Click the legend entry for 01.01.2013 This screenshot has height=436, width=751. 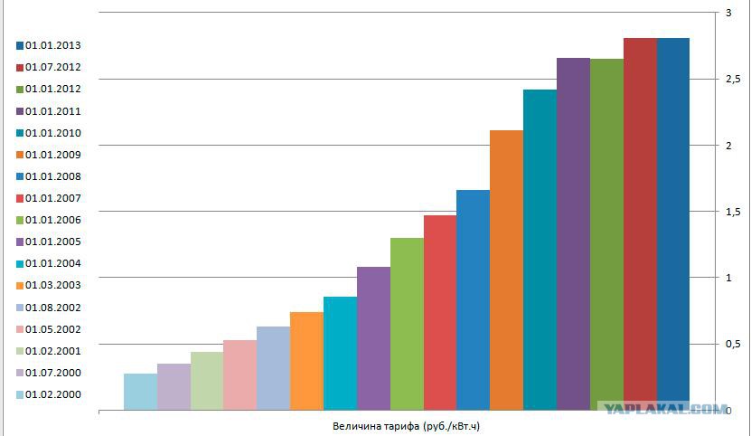(x=49, y=45)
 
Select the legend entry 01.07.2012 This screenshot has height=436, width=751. (x=49, y=67)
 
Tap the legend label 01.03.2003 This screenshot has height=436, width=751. (x=53, y=286)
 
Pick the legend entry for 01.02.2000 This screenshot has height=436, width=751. (x=49, y=394)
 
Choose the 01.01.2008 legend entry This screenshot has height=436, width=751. (x=49, y=176)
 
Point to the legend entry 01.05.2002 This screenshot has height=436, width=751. (x=49, y=329)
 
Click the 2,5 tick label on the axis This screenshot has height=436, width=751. (x=733, y=79)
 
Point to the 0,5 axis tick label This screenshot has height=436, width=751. (x=733, y=344)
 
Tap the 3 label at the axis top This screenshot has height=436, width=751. (x=728, y=13)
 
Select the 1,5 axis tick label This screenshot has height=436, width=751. (x=733, y=212)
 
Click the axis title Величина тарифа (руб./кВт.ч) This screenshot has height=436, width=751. (x=406, y=426)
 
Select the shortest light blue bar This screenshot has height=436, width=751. (x=140, y=392)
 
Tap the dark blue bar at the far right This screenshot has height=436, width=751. (x=673, y=224)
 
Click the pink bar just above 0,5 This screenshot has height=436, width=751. (x=240, y=375)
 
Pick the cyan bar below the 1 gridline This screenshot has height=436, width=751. (x=340, y=354)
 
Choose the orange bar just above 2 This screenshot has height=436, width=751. (x=506, y=270)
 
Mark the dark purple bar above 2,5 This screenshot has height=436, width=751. (x=573, y=234)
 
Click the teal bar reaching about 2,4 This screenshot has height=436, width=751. (x=540, y=250)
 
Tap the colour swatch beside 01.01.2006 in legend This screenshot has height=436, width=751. (x=20, y=221)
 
